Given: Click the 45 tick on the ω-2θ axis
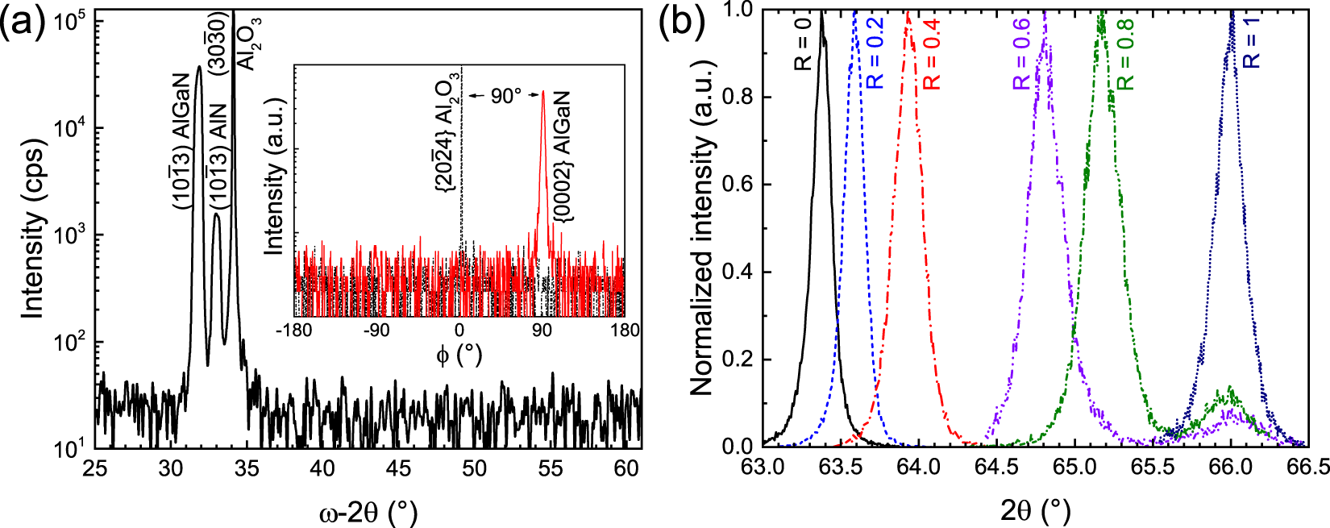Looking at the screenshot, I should (x=399, y=468).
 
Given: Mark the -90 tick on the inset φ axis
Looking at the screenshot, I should (x=376, y=330).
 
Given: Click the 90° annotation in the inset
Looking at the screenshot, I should (x=506, y=97).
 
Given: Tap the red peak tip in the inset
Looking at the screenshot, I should (x=542, y=91).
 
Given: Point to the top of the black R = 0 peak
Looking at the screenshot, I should (x=821, y=11).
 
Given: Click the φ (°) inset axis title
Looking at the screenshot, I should (x=459, y=355).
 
